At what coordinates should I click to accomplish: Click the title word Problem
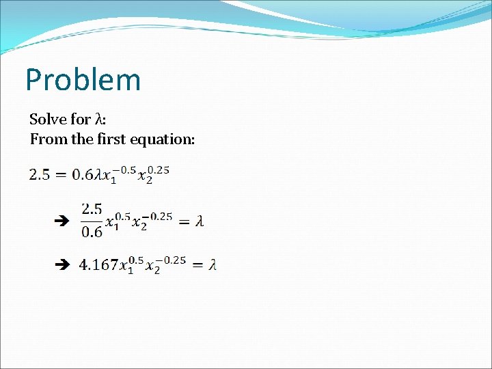(83, 80)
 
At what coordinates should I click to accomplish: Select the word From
(46, 139)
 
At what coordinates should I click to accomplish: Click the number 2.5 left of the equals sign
(39, 175)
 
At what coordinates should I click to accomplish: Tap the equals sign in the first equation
(61, 175)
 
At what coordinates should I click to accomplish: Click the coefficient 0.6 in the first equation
(83, 175)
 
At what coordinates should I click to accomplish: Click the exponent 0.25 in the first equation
(158, 169)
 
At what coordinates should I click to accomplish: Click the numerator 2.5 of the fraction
(92, 208)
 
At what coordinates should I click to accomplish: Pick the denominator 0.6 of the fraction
(92, 232)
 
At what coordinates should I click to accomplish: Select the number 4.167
(98, 264)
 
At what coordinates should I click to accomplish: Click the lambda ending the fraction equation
(200, 221)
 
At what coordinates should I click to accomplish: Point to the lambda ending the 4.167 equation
(213, 264)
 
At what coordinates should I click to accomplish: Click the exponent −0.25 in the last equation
(174, 260)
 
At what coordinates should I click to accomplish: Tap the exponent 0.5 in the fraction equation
(121, 216)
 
